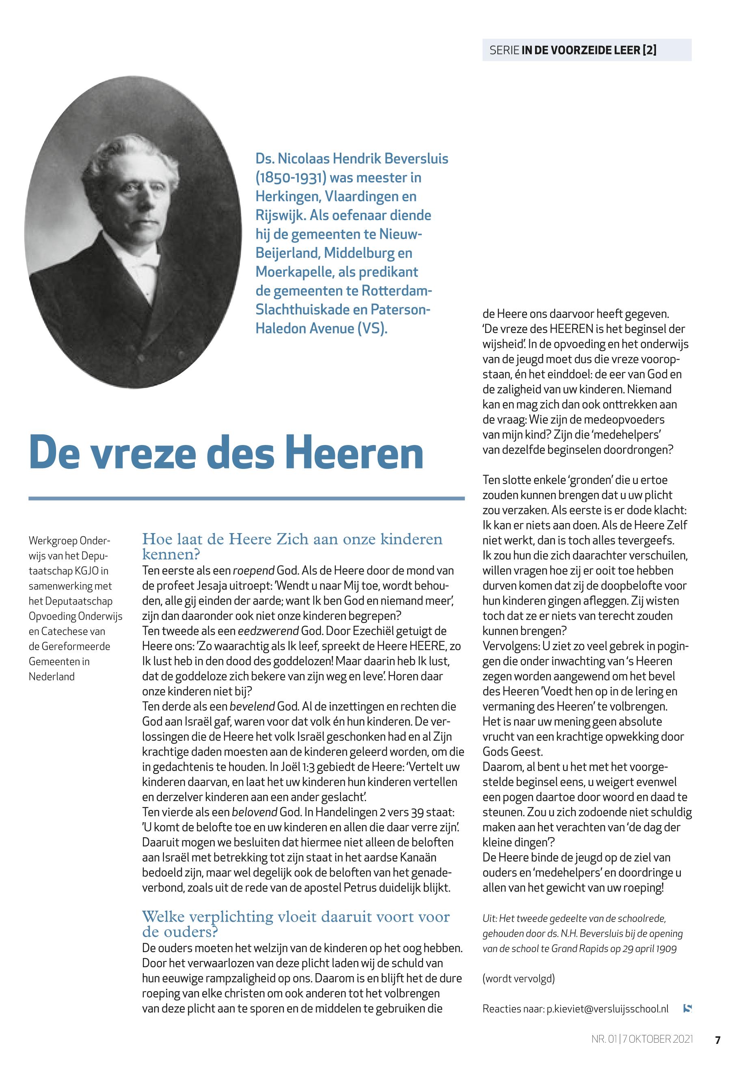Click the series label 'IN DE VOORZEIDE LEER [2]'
589,50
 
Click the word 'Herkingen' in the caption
287,197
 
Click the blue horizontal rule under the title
246,498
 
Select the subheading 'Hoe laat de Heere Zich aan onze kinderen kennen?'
292,546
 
